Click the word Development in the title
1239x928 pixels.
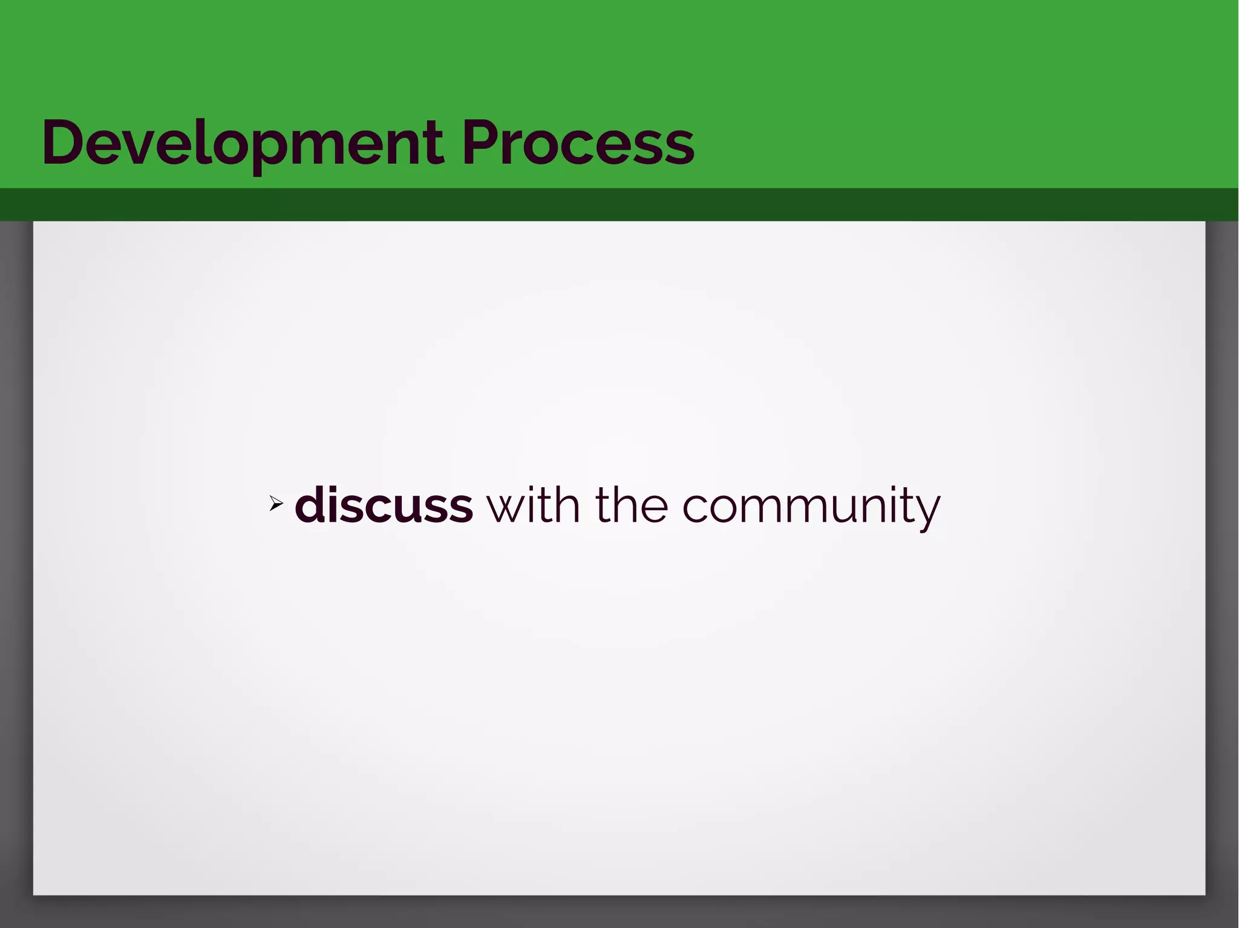tap(242, 144)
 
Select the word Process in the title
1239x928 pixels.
tap(578, 144)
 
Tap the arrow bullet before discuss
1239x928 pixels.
tap(276, 503)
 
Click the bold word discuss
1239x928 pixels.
tap(384, 505)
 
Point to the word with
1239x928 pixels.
tap(533, 505)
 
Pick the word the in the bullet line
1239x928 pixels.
tap(632, 505)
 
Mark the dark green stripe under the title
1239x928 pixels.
tap(619, 204)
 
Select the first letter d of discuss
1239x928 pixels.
tap(310, 505)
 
